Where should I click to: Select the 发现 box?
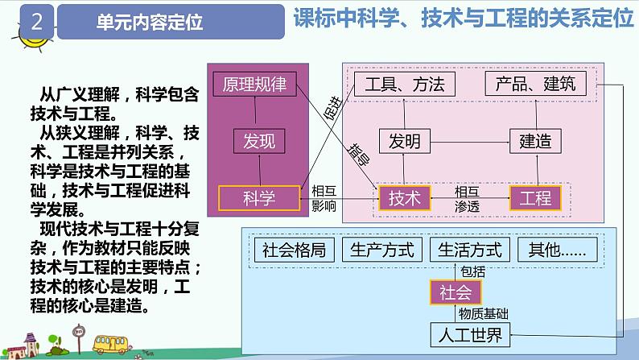tap(258, 142)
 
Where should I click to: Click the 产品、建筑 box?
tap(530, 84)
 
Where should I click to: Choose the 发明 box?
tap(404, 142)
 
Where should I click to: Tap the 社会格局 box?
tap(294, 250)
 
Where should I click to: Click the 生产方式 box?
tap(382, 250)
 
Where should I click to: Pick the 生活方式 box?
tap(470, 250)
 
